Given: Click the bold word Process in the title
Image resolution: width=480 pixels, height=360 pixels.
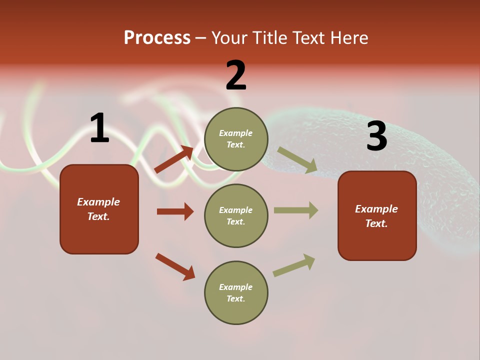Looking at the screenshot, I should pos(157,38).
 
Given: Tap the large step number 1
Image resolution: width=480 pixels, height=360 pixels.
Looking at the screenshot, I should pos(99,128).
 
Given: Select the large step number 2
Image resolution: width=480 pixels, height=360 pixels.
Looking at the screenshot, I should pos(236,75).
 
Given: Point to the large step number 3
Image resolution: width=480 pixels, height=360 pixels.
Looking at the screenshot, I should pos(376,136).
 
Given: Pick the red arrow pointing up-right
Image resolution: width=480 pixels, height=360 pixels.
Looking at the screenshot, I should pos(173,159).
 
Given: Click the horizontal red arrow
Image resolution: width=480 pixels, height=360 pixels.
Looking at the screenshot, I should pos(175,211).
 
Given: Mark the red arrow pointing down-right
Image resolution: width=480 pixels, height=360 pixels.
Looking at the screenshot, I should pos(175,266).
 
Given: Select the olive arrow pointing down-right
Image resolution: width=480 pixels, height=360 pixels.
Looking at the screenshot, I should pos(297,160).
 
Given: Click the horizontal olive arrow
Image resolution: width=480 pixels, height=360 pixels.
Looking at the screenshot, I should pos(295,210).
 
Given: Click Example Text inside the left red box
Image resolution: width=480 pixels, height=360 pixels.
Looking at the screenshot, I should pos(98,209).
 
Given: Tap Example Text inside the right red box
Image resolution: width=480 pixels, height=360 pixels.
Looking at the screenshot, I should pos(376,216).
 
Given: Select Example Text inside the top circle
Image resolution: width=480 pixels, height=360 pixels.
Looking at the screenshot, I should pos(236,139).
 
